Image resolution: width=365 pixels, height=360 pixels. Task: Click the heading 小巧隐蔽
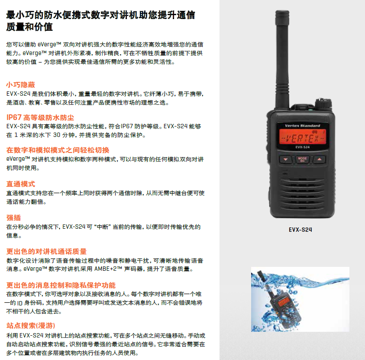tap(20, 84)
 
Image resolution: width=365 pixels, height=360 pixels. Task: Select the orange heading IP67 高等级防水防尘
tap(40, 117)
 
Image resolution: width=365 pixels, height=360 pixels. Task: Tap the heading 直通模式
tap(20, 184)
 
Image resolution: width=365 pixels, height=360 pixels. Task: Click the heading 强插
tap(13, 218)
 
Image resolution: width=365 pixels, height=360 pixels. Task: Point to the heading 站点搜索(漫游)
tap(30, 325)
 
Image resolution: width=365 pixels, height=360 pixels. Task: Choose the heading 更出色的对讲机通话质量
tap(46, 252)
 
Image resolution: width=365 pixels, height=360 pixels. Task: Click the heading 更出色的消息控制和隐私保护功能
tap(61, 285)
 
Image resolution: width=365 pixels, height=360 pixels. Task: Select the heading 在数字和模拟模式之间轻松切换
tap(58, 150)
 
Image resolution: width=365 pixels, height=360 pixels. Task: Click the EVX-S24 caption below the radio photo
tap(300, 230)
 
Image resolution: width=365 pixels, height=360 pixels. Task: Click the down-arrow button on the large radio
tap(286, 159)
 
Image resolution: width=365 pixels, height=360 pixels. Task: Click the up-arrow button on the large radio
tap(319, 159)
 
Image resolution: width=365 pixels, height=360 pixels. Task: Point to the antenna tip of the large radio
tap(282, 11)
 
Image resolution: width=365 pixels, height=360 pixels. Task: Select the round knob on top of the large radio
tap(323, 104)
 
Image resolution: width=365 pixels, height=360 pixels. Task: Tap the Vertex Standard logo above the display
tap(302, 126)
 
